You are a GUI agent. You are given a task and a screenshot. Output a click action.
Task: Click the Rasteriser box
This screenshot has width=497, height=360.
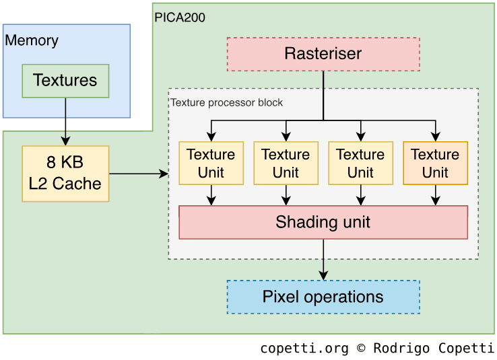pyautogui.click(x=323, y=55)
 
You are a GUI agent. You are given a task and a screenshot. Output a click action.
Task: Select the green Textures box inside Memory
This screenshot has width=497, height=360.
pyautogui.click(x=65, y=81)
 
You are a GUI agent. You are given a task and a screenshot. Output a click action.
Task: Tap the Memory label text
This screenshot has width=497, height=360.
pyautogui.click(x=32, y=40)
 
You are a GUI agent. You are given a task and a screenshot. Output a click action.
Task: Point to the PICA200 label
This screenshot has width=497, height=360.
pyautogui.click(x=180, y=17)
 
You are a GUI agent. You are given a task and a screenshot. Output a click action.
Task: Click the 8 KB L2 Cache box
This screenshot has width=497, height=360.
pyautogui.click(x=65, y=174)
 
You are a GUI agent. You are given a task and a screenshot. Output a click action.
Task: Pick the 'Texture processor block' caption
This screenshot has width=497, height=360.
pyautogui.click(x=226, y=103)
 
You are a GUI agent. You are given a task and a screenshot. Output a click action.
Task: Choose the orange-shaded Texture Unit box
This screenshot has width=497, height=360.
pyautogui.click(x=435, y=163)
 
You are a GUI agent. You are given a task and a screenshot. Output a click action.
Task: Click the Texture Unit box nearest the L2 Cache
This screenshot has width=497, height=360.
pyautogui.click(x=211, y=163)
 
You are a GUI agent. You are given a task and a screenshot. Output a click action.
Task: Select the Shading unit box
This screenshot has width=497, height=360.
pyautogui.click(x=323, y=222)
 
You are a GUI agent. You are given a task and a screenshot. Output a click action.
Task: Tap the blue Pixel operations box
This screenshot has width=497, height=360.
pyautogui.click(x=323, y=297)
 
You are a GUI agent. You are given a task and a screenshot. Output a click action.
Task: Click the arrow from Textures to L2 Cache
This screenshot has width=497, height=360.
pyautogui.click(x=65, y=121)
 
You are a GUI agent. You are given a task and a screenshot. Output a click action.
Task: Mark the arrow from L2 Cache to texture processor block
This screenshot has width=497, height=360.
pyautogui.click(x=138, y=174)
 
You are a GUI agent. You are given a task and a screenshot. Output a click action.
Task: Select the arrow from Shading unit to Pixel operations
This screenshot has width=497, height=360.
pyautogui.click(x=323, y=259)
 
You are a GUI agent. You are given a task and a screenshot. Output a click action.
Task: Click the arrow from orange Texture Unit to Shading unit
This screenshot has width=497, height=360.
pyautogui.click(x=435, y=194)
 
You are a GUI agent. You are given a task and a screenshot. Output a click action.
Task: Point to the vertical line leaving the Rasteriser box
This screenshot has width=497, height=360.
pyautogui.click(x=323, y=94)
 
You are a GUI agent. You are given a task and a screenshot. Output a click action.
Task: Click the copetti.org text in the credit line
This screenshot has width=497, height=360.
pyautogui.click(x=304, y=348)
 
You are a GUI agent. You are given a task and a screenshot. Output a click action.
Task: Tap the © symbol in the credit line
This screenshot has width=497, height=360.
pyautogui.click(x=361, y=348)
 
